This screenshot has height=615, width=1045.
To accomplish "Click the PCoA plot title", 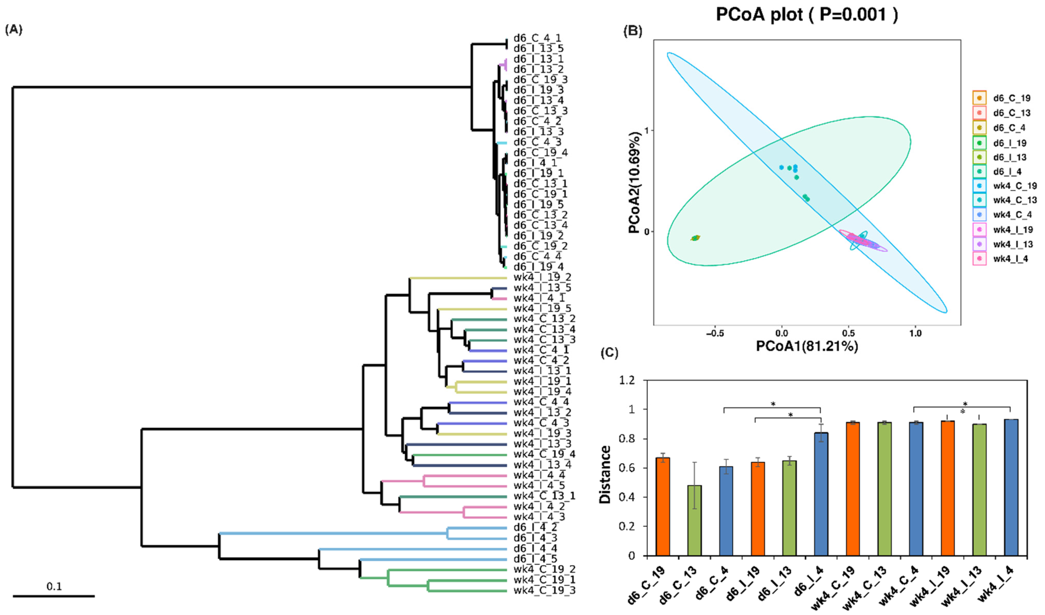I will (807, 15).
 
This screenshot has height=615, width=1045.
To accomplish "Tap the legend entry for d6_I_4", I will (1007, 172).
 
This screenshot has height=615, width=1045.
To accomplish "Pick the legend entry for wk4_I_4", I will (1010, 259).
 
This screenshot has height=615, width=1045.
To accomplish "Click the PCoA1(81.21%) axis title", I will (807, 346).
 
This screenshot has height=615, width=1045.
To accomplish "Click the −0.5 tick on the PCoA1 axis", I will (715, 334).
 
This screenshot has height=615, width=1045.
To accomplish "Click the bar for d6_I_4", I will (821, 494).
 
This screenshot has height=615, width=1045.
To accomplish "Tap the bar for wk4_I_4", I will (1011, 487).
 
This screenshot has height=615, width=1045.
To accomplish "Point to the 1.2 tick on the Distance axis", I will (627, 380).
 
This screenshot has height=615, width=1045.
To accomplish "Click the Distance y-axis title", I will (605, 475).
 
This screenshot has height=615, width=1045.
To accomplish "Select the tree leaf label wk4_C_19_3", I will (544, 590).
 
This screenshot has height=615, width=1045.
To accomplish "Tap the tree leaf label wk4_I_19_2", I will (542, 277).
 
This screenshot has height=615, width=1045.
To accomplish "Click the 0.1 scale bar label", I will (54, 586).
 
